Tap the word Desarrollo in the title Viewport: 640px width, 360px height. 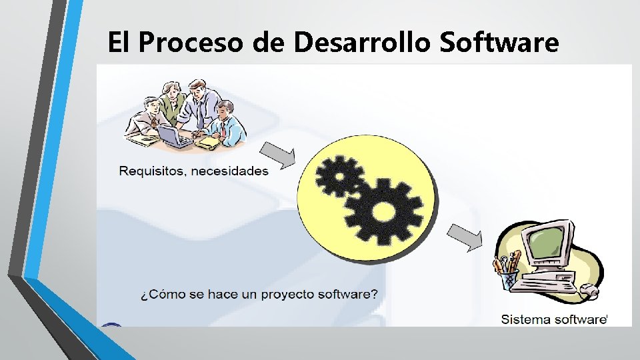(363, 43)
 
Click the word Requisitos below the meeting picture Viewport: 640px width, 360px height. (151, 171)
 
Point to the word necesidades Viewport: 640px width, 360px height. (229, 171)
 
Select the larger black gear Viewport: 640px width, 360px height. (384, 211)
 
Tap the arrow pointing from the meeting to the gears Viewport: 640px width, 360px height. (276, 155)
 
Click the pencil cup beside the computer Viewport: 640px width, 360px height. (509, 275)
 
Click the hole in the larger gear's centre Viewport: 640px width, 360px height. (384, 212)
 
